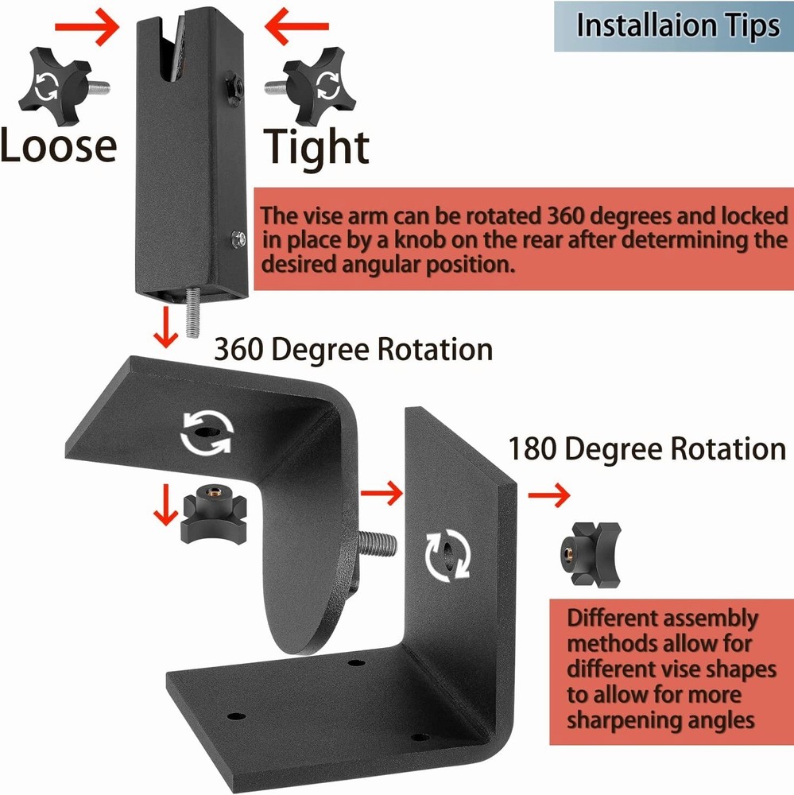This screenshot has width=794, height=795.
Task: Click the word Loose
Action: (58, 145)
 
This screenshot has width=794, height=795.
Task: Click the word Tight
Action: (316, 147)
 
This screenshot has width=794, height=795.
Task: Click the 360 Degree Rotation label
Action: (353, 350)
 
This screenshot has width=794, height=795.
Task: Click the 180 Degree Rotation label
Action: (647, 449)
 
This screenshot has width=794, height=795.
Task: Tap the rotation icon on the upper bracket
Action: (206, 432)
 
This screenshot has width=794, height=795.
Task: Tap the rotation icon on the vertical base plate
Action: (447, 555)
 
